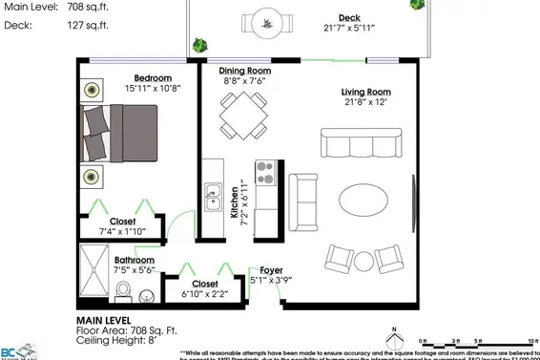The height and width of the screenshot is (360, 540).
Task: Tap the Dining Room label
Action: coord(244,71)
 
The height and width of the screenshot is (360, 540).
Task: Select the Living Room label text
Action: coord(366,92)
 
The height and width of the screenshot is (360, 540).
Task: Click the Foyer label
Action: coord(262,270)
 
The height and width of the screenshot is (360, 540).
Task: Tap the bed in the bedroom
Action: coord(121,133)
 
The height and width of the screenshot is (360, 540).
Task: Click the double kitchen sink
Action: coord(214,201)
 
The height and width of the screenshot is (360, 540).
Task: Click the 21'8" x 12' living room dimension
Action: coord(367,103)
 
